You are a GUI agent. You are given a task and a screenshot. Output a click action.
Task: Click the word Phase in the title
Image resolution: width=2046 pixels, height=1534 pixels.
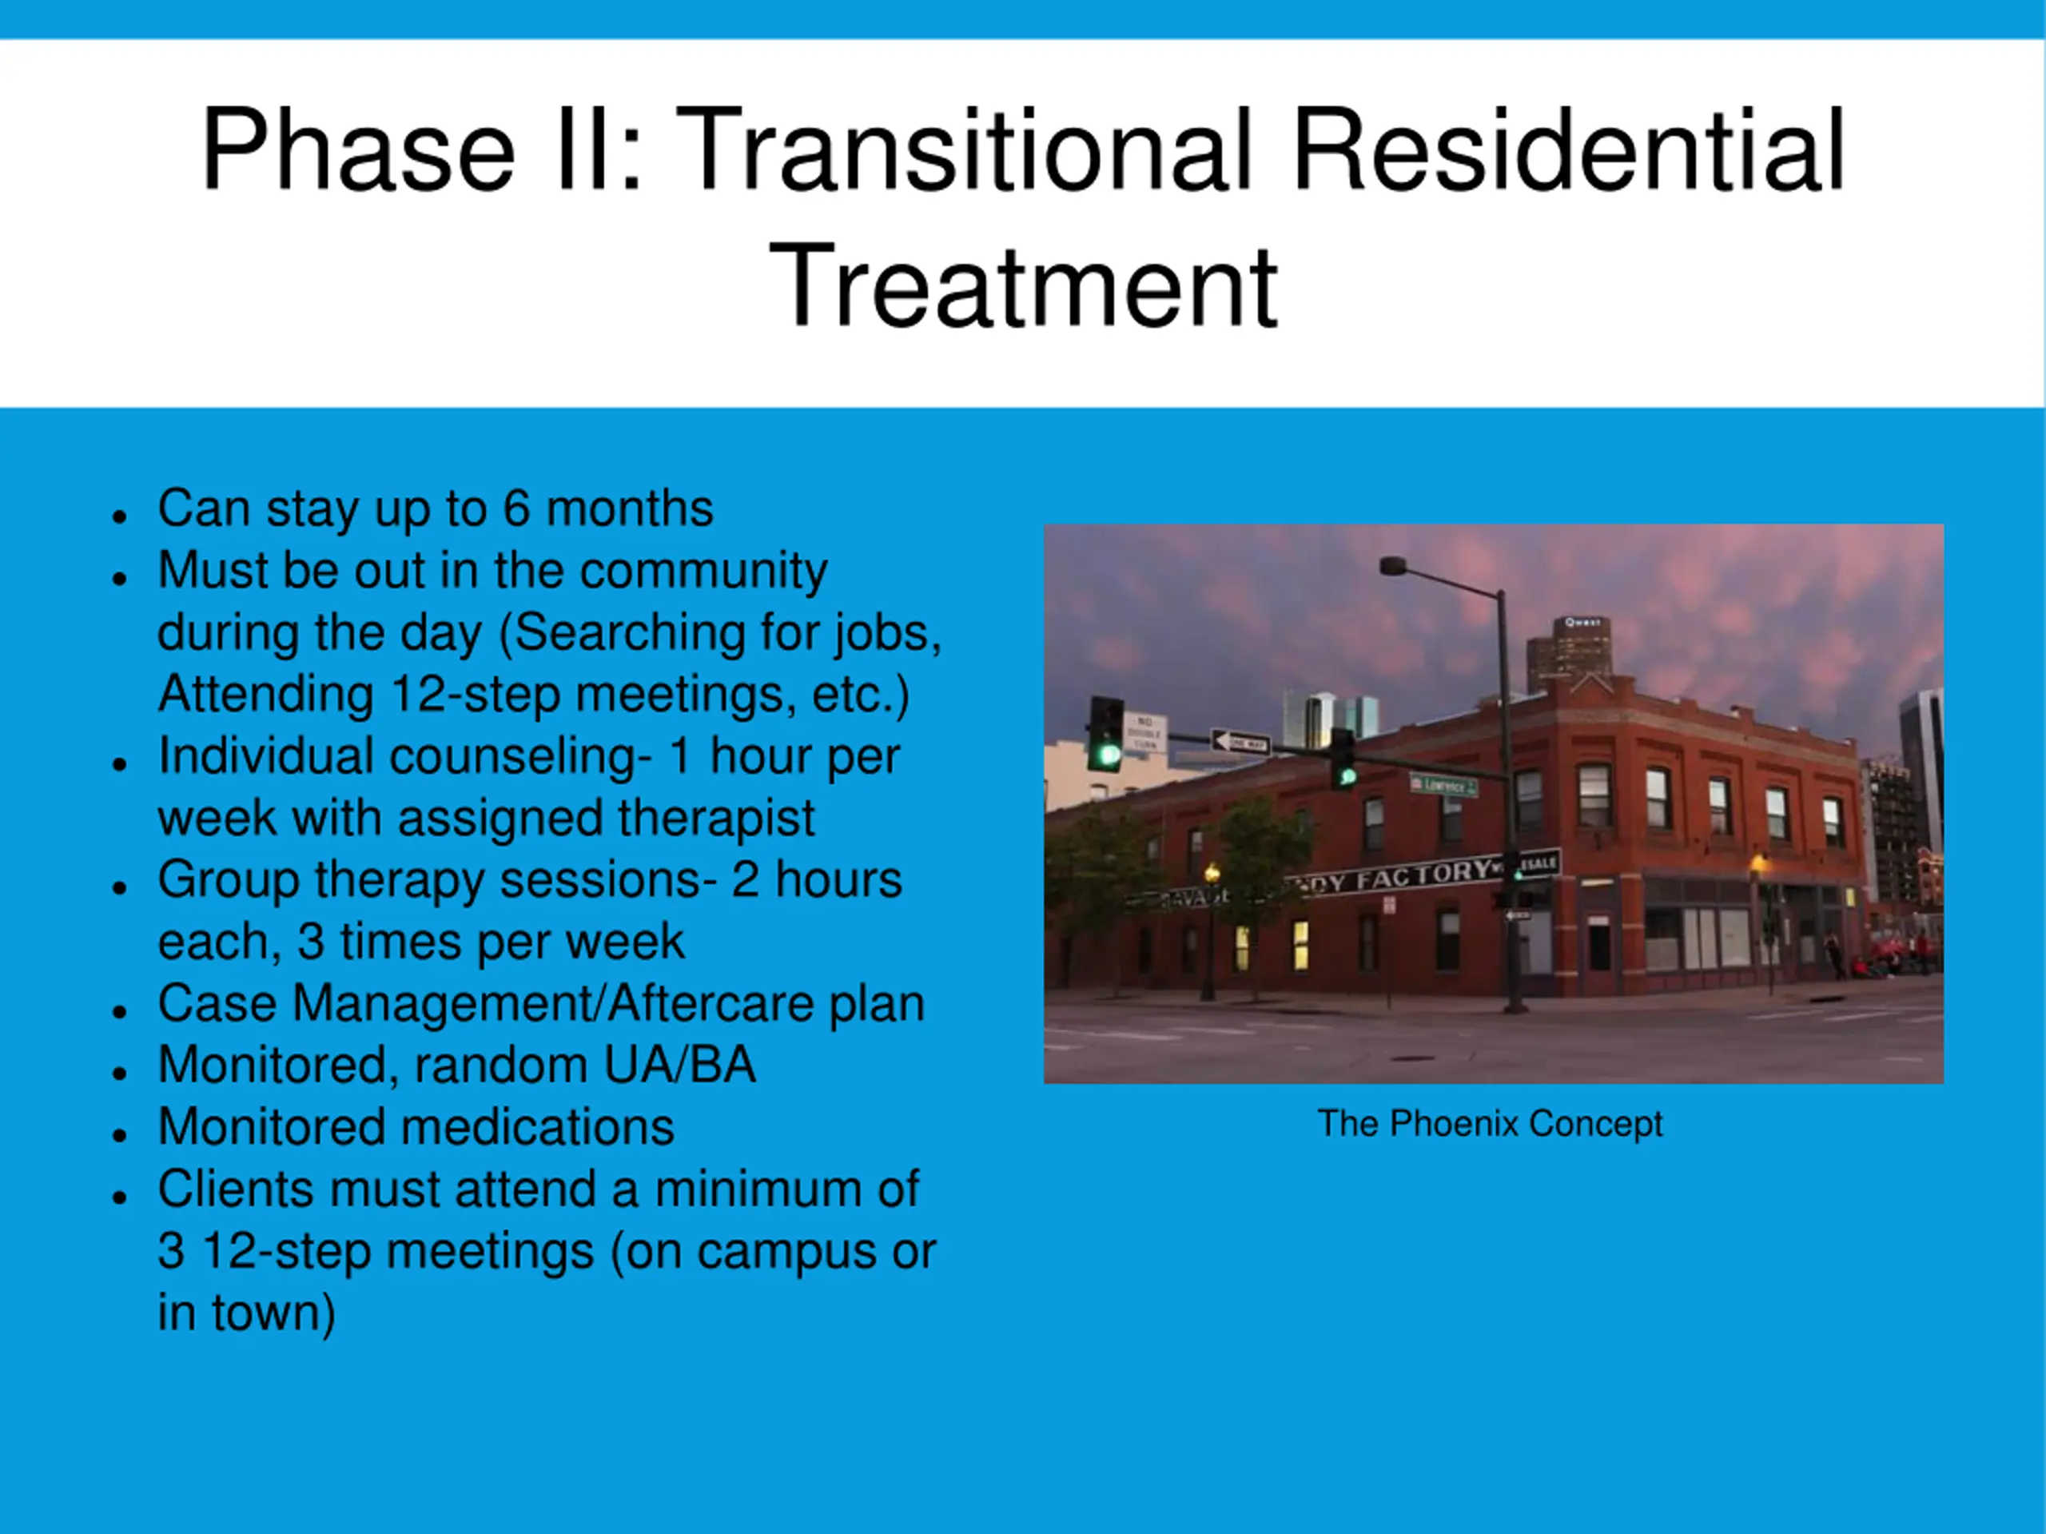click(x=358, y=150)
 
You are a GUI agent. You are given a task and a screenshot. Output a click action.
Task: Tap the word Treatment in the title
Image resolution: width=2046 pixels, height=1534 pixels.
click(x=1023, y=284)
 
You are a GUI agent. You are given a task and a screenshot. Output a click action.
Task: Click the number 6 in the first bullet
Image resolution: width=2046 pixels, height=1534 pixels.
click(x=515, y=508)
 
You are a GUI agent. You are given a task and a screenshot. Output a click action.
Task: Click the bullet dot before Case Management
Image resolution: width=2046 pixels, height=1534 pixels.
click(x=118, y=1010)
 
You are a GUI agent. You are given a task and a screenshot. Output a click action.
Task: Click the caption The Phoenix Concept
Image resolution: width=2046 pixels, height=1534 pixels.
click(x=1490, y=1124)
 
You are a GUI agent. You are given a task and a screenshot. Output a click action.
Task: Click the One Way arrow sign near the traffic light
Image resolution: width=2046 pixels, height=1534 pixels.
click(x=1240, y=742)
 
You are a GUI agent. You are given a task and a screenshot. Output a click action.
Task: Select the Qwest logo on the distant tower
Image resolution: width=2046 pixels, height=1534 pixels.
click(x=1582, y=623)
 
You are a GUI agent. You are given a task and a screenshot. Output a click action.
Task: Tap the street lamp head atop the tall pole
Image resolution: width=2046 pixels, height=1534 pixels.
click(x=1392, y=565)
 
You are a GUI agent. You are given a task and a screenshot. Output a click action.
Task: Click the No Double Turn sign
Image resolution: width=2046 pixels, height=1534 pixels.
click(x=1144, y=733)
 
